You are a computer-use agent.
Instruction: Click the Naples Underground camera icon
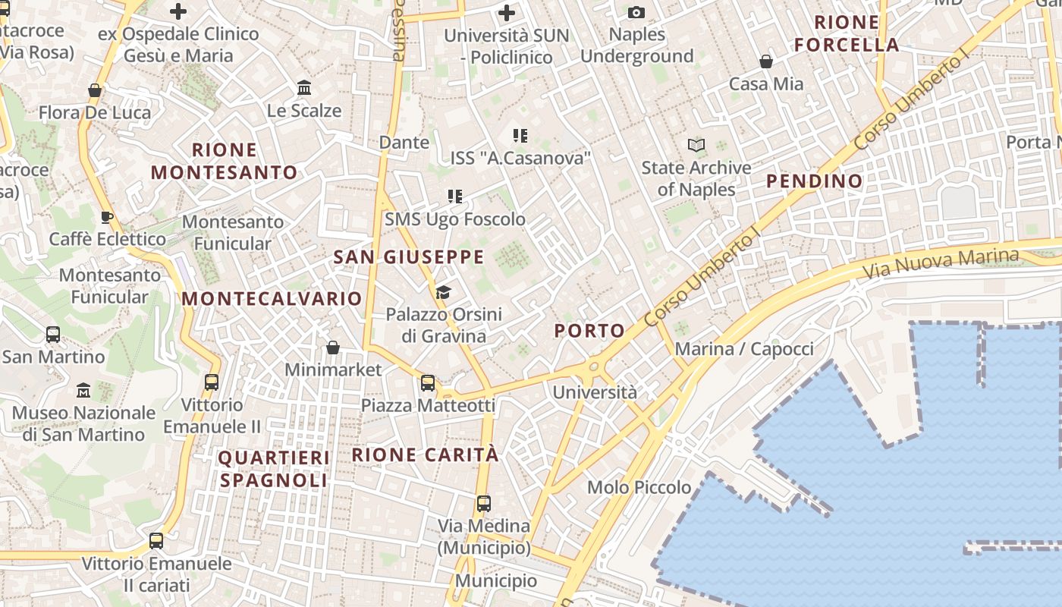coord(636,12)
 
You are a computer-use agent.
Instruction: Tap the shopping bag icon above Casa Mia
coord(766,61)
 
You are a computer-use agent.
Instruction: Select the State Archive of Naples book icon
coord(696,144)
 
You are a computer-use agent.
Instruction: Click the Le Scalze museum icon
coord(304,87)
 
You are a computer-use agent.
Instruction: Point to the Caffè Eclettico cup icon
coord(107,216)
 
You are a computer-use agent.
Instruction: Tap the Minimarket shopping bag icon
coord(332,348)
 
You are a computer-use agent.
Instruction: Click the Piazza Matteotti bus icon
coord(428,382)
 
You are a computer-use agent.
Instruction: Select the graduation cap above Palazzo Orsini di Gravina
coord(443,292)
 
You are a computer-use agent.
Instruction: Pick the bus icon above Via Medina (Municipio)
coord(483,502)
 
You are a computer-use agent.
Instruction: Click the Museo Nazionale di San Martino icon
coord(83,391)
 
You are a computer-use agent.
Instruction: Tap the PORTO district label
coord(589,331)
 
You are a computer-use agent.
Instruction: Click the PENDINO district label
coord(814,181)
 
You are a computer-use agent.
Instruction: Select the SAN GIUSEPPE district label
coord(409,257)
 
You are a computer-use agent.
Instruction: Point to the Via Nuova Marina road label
coord(941,263)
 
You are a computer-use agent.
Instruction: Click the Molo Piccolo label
coord(639,487)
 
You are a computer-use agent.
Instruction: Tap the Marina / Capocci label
coord(744,349)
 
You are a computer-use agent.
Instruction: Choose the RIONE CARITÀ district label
coord(426,454)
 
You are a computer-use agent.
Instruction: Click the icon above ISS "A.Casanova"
coord(520,136)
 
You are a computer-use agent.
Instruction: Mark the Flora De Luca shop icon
coord(95,90)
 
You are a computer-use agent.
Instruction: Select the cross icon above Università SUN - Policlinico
coord(506,12)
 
